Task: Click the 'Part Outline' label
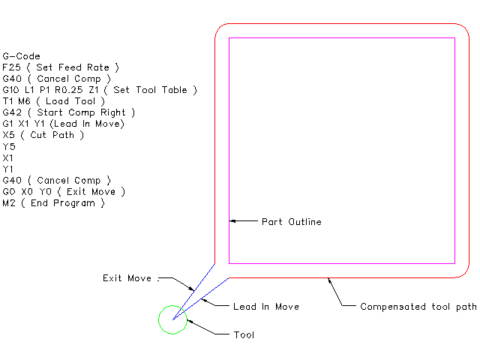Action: point(291,222)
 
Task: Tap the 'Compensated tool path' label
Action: point(418,307)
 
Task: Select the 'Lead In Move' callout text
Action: point(266,307)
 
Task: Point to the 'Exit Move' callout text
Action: point(127,278)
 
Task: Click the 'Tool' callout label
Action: point(244,334)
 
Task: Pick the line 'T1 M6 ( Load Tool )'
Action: point(54,101)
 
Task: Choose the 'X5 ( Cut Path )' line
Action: point(43,135)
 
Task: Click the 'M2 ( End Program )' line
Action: point(54,202)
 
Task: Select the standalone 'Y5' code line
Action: point(9,146)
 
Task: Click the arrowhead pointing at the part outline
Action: point(233,221)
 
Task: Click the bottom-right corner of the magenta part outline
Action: point(455,263)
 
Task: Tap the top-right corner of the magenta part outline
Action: point(455,37)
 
